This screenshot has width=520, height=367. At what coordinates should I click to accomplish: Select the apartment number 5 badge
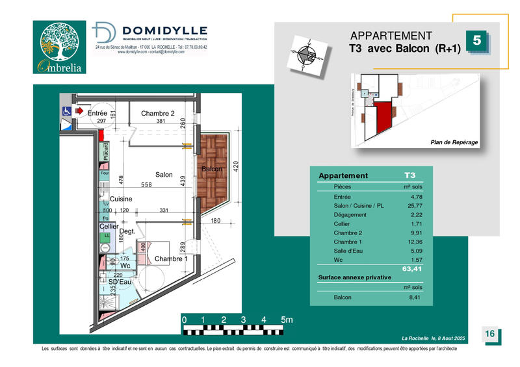477,40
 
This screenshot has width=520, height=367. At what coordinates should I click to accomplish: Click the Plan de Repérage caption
454,142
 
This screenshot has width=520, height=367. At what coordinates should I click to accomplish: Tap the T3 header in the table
410,176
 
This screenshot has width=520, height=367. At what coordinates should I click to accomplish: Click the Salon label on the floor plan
163,175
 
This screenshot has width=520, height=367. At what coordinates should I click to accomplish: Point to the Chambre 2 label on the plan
158,114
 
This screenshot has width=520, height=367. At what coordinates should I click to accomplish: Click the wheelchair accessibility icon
66,112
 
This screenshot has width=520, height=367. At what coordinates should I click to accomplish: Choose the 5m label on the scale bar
287,320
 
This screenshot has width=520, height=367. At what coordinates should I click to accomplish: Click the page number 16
491,334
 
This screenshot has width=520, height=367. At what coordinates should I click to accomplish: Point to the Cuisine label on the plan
120,199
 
